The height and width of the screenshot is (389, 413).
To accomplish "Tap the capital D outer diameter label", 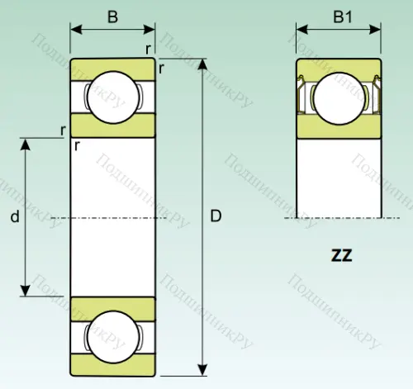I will [x=216, y=217].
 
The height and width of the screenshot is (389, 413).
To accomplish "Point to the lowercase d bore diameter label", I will [x=14, y=218].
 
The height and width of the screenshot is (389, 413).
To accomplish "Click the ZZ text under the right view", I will [x=341, y=255].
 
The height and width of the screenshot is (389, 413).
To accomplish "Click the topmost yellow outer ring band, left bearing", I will [x=112, y=65].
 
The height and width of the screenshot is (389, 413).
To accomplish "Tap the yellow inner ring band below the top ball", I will [x=112, y=126].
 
